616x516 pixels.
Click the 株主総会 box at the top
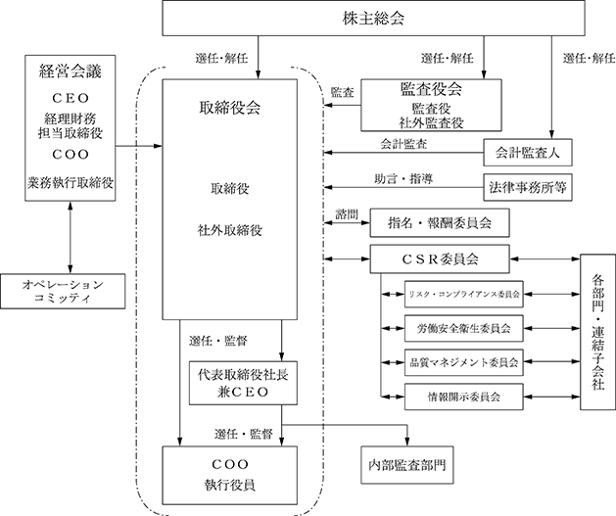tap(373, 18)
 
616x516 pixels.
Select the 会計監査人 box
tap(528, 153)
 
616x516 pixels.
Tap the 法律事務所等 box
tap(528, 187)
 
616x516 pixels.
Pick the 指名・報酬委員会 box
tap(440, 223)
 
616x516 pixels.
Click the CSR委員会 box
tap(440, 259)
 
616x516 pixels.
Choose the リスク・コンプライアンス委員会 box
tap(463, 294)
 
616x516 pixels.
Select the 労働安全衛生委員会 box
tap(463, 328)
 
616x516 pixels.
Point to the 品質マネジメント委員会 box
tap(463, 362)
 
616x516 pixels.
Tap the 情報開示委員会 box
tap(463, 397)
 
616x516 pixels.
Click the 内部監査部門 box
tap(407, 465)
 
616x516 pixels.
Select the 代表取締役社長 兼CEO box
tap(243, 383)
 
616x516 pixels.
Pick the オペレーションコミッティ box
tap(63, 291)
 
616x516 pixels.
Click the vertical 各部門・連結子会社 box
tap(598, 332)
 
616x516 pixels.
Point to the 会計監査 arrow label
tap(403, 144)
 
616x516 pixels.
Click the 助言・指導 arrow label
tap(403, 179)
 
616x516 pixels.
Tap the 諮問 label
tap(347, 214)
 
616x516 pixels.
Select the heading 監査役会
tap(431, 89)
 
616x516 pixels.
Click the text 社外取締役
tap(230, 230)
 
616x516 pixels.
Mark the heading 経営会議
tap(71, 71)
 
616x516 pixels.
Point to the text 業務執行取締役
tap(71, 182)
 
